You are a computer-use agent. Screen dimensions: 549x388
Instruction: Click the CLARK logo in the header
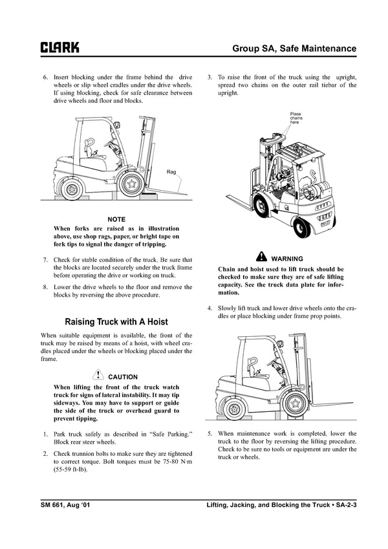click(60, 48)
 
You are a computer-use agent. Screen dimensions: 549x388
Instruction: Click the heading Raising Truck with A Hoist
click(116, 321)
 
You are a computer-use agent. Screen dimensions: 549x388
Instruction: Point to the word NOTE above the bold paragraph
click(116, 220)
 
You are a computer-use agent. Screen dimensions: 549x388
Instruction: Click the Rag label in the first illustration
click(171, 172)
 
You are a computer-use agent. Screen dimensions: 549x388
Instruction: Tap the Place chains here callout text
click(296, 118)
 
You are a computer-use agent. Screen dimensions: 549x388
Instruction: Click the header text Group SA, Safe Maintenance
click(294, 48)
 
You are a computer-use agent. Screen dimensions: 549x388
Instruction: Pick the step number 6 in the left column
click(45, 77)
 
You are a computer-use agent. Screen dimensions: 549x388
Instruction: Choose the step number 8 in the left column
click(45, 286)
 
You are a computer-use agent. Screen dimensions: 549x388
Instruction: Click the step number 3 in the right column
click(210, 77)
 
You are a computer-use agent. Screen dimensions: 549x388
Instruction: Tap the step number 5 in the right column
click(210, 433)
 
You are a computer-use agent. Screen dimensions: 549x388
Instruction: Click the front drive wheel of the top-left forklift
click(133, 183)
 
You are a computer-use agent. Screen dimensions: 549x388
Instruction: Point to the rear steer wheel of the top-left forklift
click(71, 189)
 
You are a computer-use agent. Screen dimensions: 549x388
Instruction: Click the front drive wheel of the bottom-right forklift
click(296, 404)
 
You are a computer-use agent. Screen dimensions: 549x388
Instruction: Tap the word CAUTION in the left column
click(123, 376)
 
